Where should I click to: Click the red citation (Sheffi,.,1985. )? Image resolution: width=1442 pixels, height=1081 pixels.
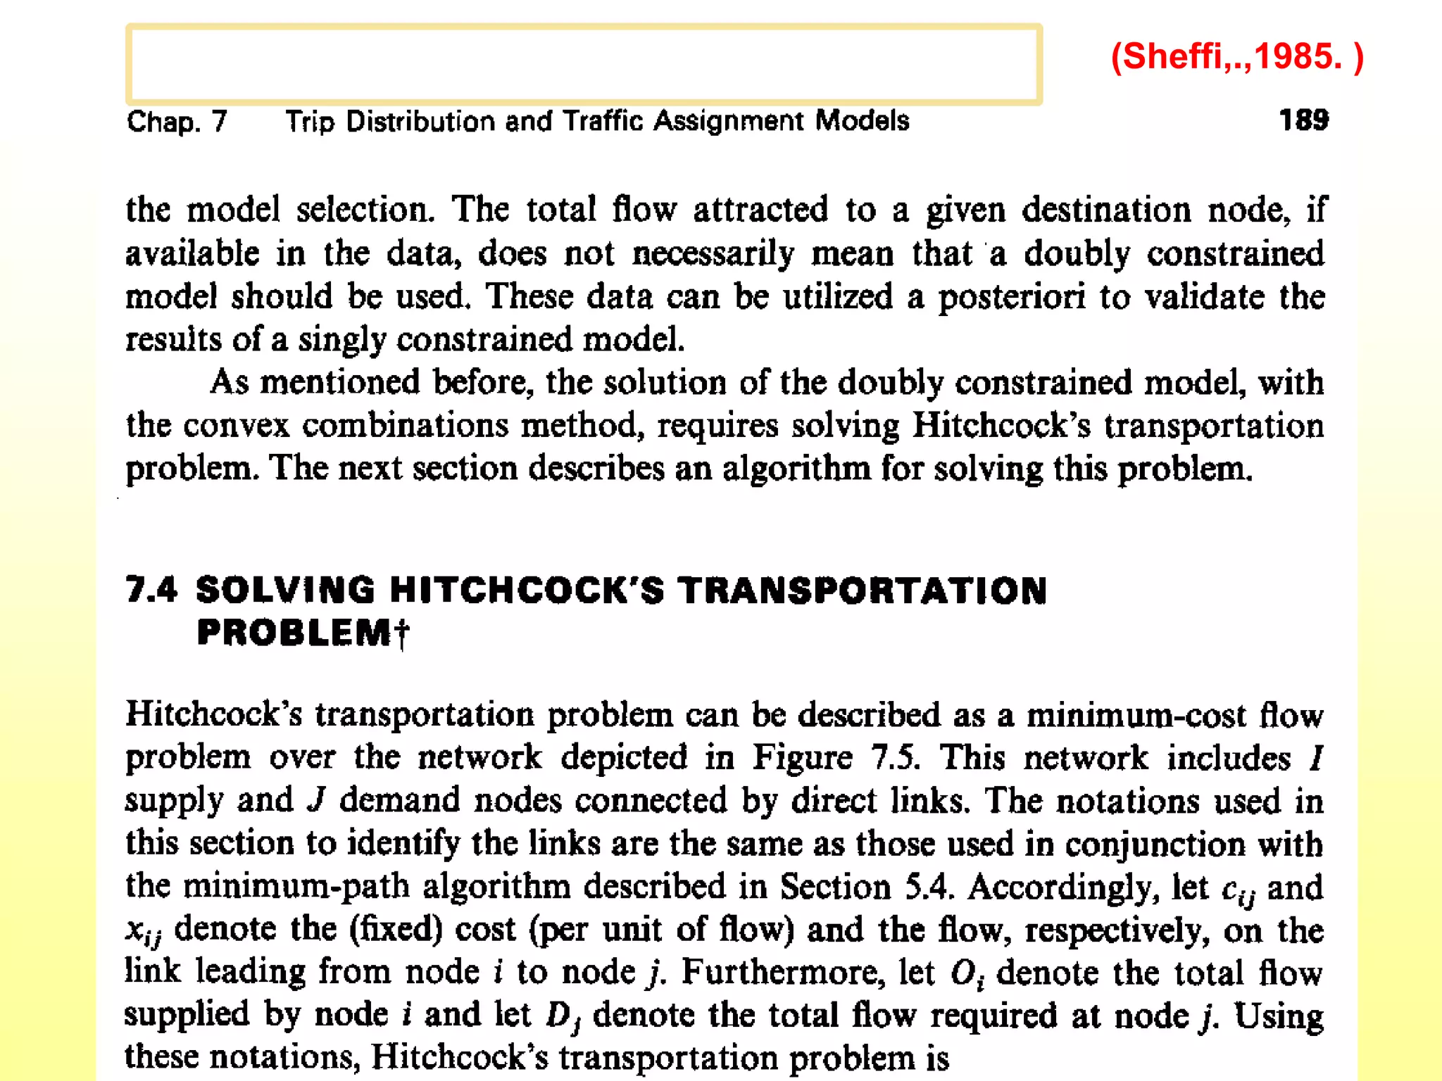point(1237,56)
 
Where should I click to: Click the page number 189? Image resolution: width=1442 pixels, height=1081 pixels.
point(1303,120)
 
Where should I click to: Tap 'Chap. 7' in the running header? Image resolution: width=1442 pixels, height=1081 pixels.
point(177,122)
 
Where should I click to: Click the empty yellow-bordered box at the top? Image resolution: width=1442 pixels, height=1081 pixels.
point(584,64)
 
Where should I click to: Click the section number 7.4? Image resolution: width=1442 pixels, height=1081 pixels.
point(151,590)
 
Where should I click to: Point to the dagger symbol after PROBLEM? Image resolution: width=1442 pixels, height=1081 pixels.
point(401,633)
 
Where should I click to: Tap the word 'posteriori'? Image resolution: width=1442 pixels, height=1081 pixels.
point(1011,297)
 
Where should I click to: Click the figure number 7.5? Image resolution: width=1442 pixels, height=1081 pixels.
point(894,758)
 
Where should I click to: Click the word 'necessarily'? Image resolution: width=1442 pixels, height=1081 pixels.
point(713,253)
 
